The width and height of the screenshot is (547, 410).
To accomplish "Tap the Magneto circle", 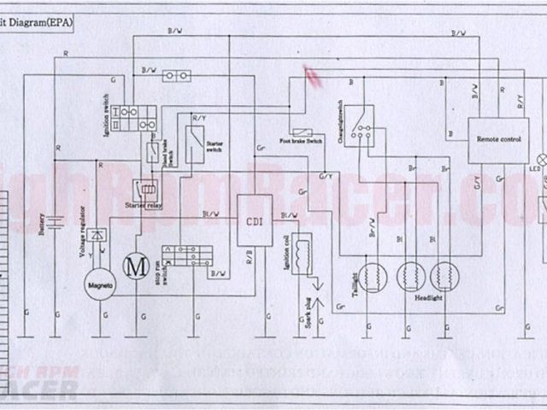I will click(x=98, y=279).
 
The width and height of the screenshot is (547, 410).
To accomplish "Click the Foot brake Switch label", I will click(x=301, y=139).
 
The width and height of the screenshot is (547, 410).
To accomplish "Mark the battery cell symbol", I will click(x=56, y=225).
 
